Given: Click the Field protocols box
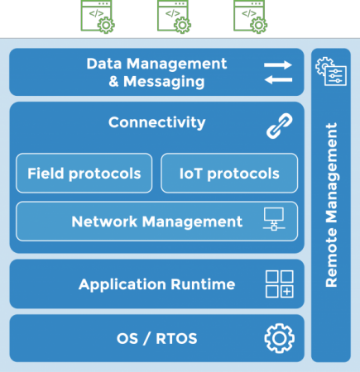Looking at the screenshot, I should pyautogui.click(x=84, y=174).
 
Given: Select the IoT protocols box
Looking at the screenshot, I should pyautogui.click(x=229, y=174).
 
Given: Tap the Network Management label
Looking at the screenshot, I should pyautogui.click(x=156, y=222).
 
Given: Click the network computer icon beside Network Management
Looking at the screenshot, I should pyautogui.click(x=273, y=221).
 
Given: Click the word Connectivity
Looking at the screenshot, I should pyautogui.click(x=156, y=122).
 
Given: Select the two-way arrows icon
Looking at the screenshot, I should pyautogui.click(x=277, y=72).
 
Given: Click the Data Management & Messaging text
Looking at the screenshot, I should pyautogui.click(x=156, y=73).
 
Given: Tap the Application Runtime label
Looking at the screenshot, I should pyautogui.click(x=156, y=284).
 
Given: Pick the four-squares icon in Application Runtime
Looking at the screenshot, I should pyautogui.click(x=278, y=284).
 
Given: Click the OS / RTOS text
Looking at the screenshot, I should pyautogui.click(x=156, y=338).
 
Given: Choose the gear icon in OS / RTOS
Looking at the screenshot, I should pyautogui.click(x=279, y=338).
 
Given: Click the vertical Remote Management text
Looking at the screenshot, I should pyautogui.click(x=331, y=207).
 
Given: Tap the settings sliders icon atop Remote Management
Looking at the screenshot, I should pyautogui.click(x=330, y=72).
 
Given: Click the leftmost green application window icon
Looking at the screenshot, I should pyautogui.click(x=97, y=16).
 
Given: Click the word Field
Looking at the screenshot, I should pyautogui.click(x=45, y=174).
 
